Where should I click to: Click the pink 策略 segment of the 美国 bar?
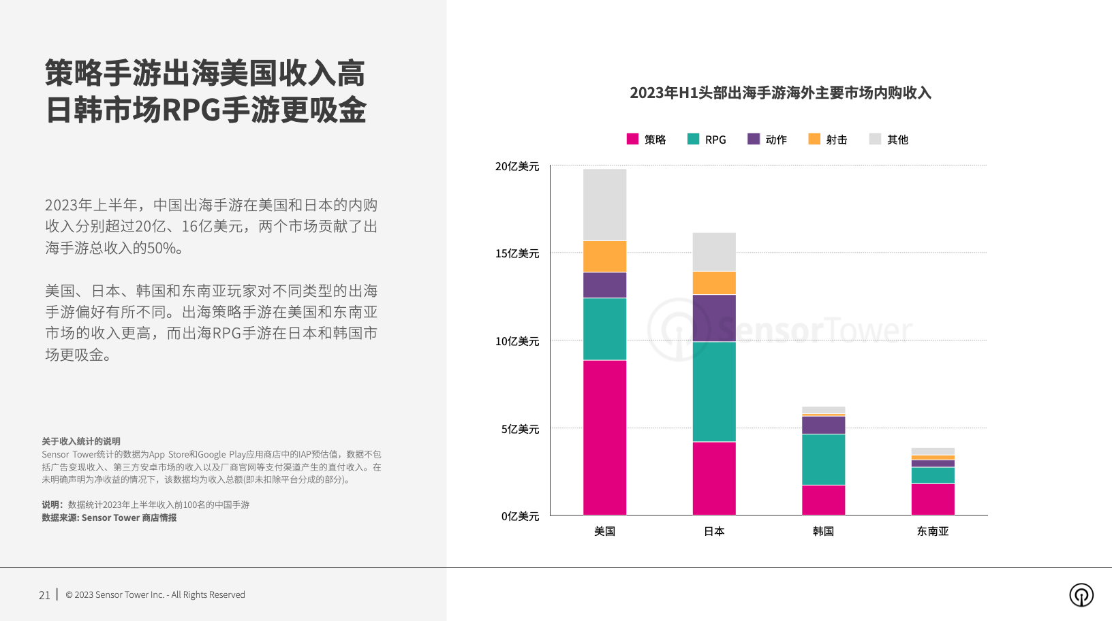tap(604, 437)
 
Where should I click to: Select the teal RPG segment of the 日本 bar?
tap(714, 392)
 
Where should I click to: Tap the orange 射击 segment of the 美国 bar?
tap(604, 256)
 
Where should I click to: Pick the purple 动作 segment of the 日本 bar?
tap(714, 318)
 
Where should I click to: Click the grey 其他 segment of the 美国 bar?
tap(604, 204)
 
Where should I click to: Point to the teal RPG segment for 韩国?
tap(823, 459)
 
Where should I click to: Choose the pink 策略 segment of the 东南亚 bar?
tap(933, 499)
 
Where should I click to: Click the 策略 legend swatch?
tap(632, 139)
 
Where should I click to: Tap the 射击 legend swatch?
tap(814, 139)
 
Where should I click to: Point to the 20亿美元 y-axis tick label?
tap(517, 166)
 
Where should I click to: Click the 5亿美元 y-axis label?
tap(520, 429)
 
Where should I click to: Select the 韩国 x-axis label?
tap(823, 531)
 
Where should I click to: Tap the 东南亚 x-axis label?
tap(933, 531)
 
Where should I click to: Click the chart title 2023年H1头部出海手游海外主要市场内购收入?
tap(780, 93)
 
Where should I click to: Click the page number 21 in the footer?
tap(44, 595)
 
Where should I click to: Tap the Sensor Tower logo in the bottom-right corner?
tap(1081, 595)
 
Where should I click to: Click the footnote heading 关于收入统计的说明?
tap(81, 441)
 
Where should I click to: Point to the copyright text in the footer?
tap(155, 595)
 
